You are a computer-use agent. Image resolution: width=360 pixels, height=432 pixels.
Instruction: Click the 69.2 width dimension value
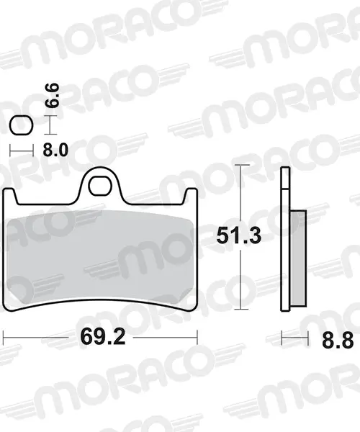tap(103, 336)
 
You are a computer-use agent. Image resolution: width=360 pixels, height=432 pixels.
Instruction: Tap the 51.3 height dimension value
tap(238, 236)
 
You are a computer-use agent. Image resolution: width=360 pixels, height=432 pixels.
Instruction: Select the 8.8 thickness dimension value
tap(338, 341)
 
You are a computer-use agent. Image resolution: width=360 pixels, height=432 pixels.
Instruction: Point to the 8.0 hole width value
tap(55, 150)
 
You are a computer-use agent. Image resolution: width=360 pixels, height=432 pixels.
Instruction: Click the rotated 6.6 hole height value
tap(52, 95)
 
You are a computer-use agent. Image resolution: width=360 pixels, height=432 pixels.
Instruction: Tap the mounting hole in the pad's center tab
tap(100, 186)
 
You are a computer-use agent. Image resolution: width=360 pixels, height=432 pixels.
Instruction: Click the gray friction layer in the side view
tap(298, 258)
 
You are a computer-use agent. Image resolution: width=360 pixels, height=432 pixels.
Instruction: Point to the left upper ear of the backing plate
tap(10, 196)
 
